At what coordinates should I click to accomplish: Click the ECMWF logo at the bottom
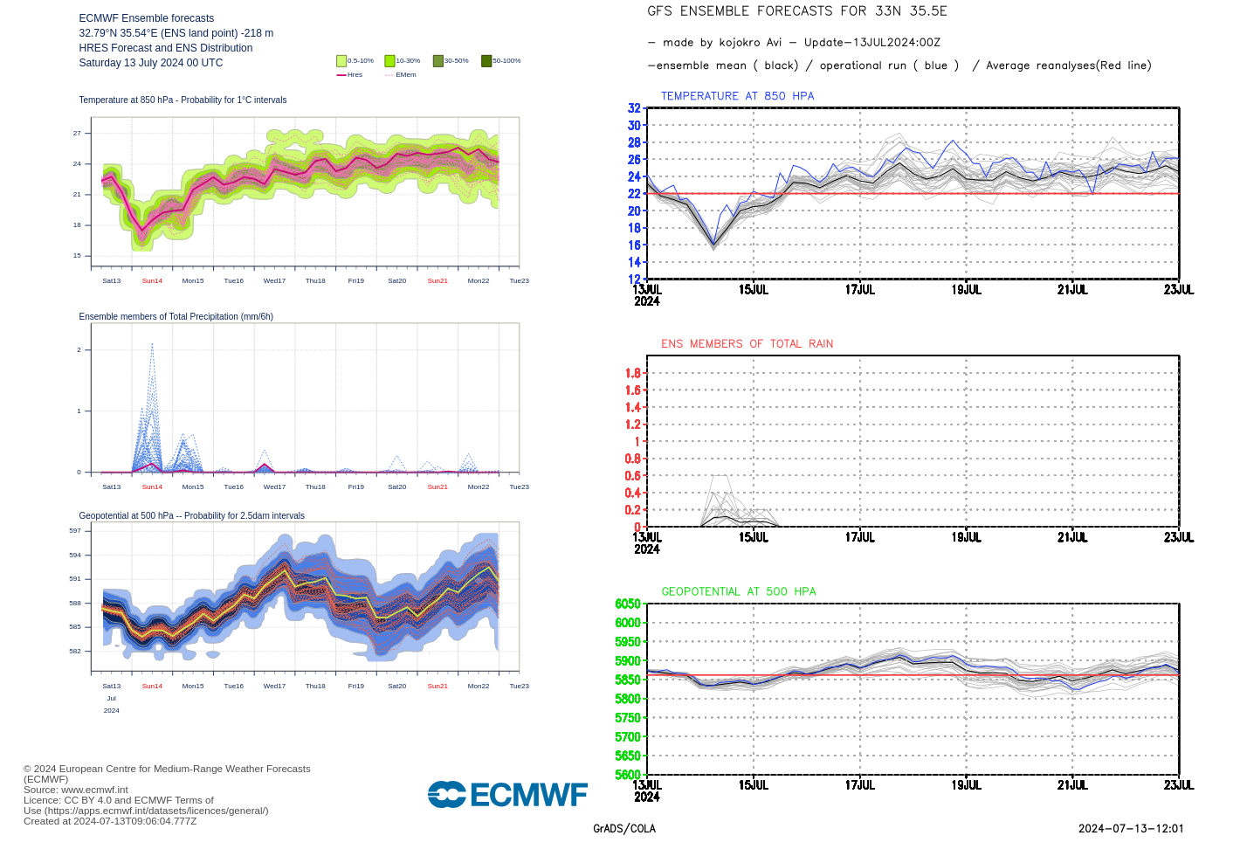pyautogui.click(x=507, y=794)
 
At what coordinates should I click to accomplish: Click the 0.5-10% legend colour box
pyautogui.click(x=341, y=61)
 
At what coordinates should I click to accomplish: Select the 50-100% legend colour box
pyautogui.click(x=486, y=61)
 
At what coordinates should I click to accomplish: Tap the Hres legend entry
pyautogui.click(x=349, y=75)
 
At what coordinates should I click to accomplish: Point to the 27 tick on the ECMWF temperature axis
pyautogui.click(x=77, y=134)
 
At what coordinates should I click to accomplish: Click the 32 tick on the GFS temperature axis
pyautogui.click(x=634, y=108)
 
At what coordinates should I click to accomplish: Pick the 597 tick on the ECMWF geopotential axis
pyautogui.click(x=75, y=531)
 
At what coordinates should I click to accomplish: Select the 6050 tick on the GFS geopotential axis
pyautogui.click(x=628, y=604)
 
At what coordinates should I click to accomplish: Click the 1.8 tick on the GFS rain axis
pyautogui.click(x=632, y=373)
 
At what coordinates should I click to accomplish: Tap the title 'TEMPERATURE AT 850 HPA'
pyautogui.click(x=737, y=96)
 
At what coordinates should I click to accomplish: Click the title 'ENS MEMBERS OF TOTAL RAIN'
pyautogui.click(x=747, y=344)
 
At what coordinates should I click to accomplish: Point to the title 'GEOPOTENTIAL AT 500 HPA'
pyautogui.click(x=738, y=591)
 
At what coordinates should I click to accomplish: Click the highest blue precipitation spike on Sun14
pyautogui.click(x=152, y=344)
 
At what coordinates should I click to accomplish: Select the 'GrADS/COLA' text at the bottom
pyautogui.click(x=623, y=829)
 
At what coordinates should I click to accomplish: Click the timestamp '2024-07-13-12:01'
pyautogui.click(x=1131, y=829)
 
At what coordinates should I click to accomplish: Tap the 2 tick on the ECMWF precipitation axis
pyautogui.click(x=79, y=350)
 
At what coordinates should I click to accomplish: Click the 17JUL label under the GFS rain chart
pyautogui.click(x=859, y=537)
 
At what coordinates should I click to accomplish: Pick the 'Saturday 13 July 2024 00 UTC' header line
pyautogui.click(x=151, y=63)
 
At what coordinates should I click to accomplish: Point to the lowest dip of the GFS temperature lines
pyautogui.click(x=713, y=247)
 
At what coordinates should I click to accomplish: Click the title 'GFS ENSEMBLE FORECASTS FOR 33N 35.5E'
pyautogui.click(x=796, y=11)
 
